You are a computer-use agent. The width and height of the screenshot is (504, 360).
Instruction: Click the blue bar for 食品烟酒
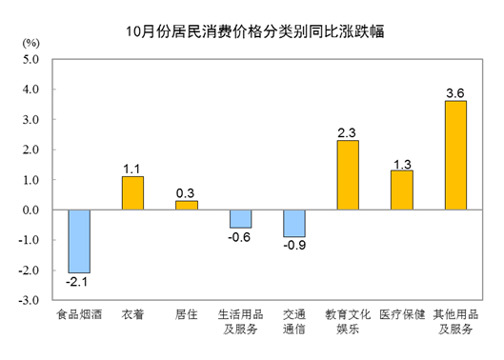point(78,242)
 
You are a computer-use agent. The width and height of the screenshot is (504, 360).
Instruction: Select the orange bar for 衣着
point(132,193)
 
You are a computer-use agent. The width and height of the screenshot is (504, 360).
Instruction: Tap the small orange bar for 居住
point(187,205)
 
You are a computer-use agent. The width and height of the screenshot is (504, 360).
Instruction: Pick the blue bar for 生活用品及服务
point(240,219)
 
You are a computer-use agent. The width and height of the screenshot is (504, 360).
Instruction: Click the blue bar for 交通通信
point(294,224)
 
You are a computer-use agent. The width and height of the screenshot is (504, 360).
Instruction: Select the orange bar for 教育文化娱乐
point(348,175)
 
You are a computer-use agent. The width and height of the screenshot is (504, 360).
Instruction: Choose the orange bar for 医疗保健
point(402,190)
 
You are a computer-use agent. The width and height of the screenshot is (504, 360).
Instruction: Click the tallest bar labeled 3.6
point(455,155)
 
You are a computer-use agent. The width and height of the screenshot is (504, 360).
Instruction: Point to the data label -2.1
point(78,283)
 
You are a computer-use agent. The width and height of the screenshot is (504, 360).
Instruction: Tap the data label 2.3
point(348,130)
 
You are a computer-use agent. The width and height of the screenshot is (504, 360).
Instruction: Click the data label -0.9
point(294,247)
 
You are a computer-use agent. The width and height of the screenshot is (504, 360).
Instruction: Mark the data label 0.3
point(187,191)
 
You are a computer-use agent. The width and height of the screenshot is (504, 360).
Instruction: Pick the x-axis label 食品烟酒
point(78,315)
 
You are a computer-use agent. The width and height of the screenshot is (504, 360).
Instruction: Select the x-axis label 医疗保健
point(402,315)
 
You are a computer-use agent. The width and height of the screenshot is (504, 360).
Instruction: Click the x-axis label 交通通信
point(294,322)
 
